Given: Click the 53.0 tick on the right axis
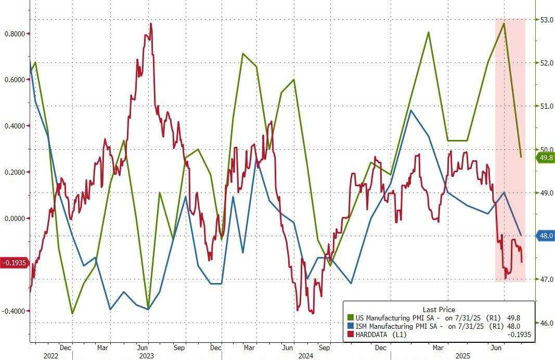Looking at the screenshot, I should coord(546,20).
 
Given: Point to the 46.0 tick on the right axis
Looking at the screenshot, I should coord(546,323).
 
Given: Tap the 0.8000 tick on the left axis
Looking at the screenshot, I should coord(15,33).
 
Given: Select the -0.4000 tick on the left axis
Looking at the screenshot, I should coord(15,311).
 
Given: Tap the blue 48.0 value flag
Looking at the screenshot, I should coord(546,235).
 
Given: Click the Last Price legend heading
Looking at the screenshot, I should coord(438,309).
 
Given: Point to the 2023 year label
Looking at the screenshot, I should coord(146,356).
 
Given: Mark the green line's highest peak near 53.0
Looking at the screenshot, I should coord(504,23).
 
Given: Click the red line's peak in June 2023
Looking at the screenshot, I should coord(151,23).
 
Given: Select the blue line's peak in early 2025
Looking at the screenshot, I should coord(410,110).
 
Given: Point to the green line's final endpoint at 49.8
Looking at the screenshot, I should coord(521,157).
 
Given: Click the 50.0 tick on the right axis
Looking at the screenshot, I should coord(546,149).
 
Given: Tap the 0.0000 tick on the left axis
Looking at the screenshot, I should coord(15,218).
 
